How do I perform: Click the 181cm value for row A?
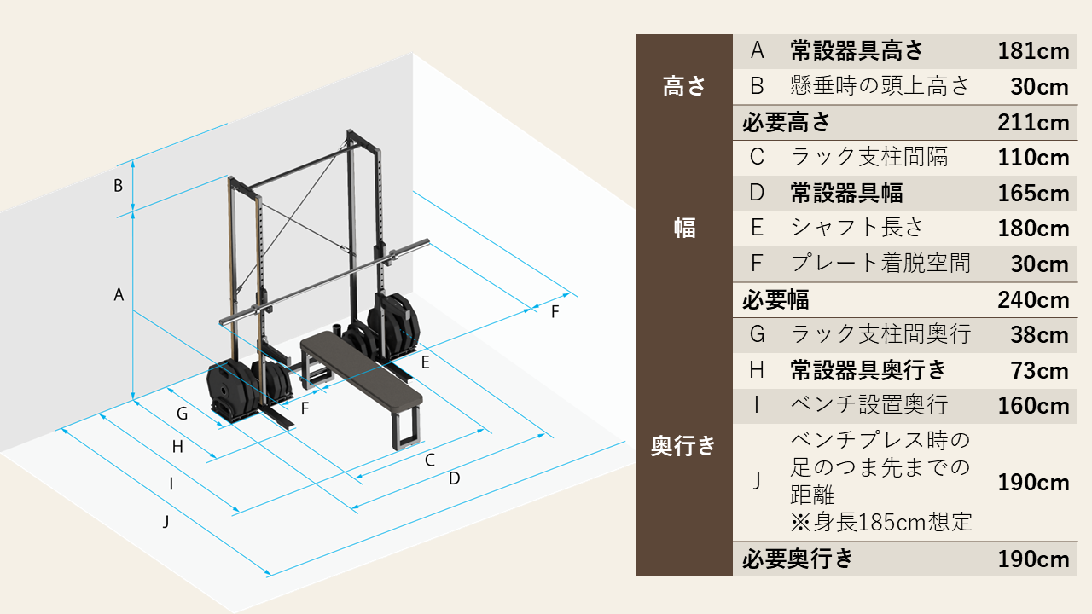(x=1033, y=52)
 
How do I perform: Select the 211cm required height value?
(x=1033, y=123)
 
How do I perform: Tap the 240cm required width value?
(x=1033, y=300)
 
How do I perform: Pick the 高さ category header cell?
(x=684, y=87)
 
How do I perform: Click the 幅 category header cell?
(x=684, y=228)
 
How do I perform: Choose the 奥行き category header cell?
(x=684, y=446)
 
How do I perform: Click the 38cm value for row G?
(x=1039, y=335)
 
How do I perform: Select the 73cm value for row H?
(x=1039, y=371)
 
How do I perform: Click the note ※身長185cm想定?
(x=881, y=521)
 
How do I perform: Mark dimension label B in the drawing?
(x=119, y=185)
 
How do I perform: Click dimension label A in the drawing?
(x=119, y=295)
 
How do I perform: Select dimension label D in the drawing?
(x=454, y=478)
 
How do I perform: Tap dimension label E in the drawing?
(x=425, y=362)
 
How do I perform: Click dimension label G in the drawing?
(x=182, y=414)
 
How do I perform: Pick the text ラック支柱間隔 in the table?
(x=868, y=158)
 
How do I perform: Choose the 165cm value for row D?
(x=1033, y=194)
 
